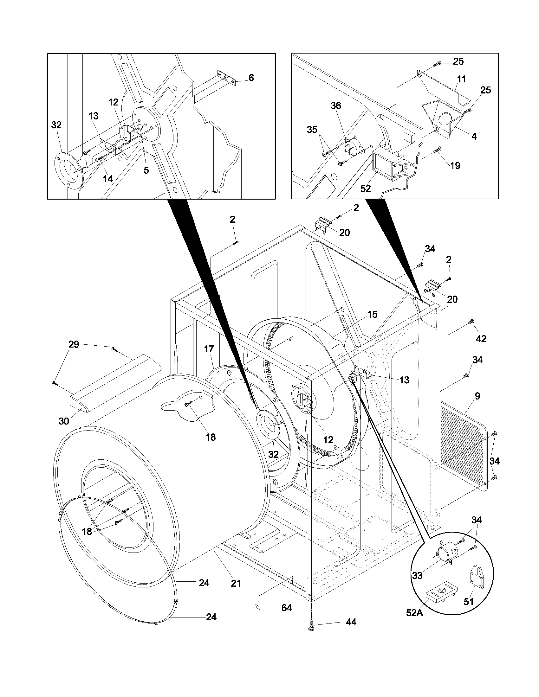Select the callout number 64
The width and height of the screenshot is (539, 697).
[x=286, y=608]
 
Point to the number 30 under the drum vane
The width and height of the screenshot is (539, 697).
[x=64, y=421]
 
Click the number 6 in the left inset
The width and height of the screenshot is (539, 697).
[x=251, y=78]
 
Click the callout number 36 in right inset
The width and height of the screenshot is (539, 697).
[x=335, y=106]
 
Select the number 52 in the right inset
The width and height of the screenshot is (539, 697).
[x=366, y=189]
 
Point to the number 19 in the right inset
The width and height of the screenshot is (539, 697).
[x=455, y=165]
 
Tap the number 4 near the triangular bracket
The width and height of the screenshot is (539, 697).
[x=474, y=136]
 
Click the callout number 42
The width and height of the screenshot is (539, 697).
[x=481, y=339]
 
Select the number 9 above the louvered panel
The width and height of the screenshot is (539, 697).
[x=477, y=396]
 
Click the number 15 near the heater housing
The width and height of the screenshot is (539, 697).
[x=372, y=314]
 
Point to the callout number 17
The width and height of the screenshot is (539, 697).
[x=209, y=349]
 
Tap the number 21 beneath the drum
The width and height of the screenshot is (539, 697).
[x=236, y=584]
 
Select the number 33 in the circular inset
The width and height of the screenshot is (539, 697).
[x=417, y=576]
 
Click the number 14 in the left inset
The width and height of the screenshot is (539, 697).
[x=108, y=179]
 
